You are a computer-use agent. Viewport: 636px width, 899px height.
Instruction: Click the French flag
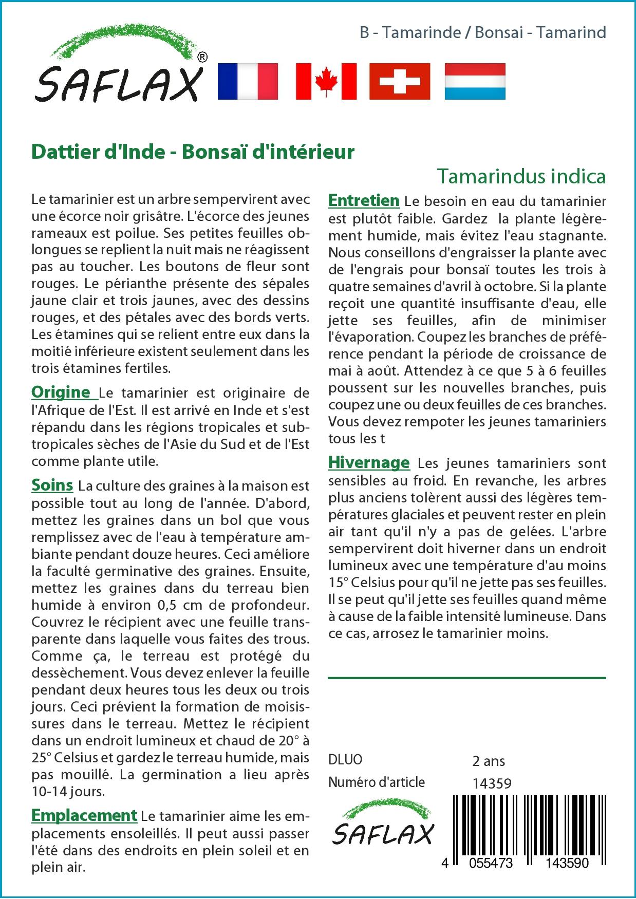pyautogui.click(x=248, y=81)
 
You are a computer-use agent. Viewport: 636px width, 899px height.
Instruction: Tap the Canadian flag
pyautogui.click(x=326, y=81)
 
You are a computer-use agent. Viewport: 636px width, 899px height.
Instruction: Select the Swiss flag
pyautogui.click(x=400, y=81)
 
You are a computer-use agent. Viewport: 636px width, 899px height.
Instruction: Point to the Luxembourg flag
pyautogui.click(x=475, y=81)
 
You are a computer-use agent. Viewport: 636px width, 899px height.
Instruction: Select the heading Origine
pyautogui.click(x=61, y=392)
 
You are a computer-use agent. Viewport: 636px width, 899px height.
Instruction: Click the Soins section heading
pyautogui.click(x=52, y=485)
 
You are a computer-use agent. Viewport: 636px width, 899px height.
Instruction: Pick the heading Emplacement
pyautogui.click(x=84, y=815)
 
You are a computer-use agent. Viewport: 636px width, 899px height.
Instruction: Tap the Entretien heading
pyautogui.click(x=364, y=200)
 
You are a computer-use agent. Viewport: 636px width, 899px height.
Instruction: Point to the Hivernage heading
pyautogui.click(x=369, y=462)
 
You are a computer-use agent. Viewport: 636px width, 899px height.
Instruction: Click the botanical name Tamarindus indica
pyautogui.click(x=521, y=176)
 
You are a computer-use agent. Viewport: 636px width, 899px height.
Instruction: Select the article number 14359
pyautogui.click(x=492, y=783)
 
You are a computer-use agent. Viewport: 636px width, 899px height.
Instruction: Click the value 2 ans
pyautogui.click(x=488, y=760)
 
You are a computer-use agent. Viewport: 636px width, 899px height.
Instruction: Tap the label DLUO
pyautogui.click(x=345, y=760)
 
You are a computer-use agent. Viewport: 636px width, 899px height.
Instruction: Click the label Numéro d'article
pyautogui.click(x=377, y=782)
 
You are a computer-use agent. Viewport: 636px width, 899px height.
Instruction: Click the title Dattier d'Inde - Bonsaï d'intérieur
pyautogui.click(x=193, y=152)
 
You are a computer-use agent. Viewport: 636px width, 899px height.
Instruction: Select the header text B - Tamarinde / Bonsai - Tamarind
pyautogui.click(x=482, y=33)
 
